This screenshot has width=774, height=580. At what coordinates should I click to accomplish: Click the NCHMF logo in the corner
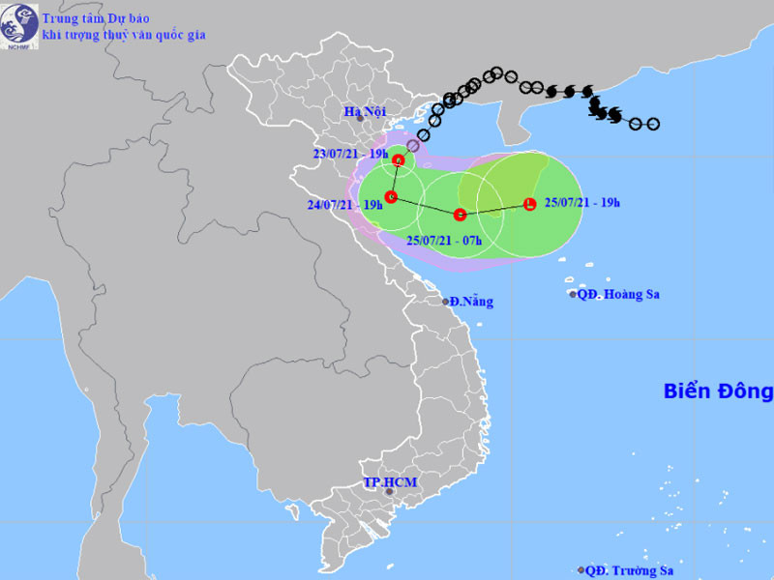coord(20,26)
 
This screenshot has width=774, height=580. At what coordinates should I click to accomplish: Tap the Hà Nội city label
coord(365,112)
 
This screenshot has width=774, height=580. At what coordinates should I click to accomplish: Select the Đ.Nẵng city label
coord(472,302)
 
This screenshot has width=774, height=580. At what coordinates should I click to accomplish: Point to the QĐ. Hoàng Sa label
coord(618,295)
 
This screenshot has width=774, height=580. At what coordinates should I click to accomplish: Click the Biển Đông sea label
coord(718,391)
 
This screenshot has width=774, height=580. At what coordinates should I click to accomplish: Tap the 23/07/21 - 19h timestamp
coord(350,153)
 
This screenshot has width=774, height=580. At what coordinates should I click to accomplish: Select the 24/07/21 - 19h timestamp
coord(343,204)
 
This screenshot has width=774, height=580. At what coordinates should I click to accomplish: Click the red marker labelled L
coord(529,204)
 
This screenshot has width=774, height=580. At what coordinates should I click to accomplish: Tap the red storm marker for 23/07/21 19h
coord(398,160)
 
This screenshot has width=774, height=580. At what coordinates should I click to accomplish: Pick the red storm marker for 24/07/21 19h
coord(391,197)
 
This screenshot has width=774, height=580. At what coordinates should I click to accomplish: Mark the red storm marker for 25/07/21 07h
coord(461,214)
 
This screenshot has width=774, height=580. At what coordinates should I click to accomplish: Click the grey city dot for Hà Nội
coord(358,118)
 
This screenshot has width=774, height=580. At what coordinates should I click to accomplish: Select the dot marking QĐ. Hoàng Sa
coord(573,295)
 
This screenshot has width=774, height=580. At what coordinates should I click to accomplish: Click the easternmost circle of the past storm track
coord(653,124)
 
